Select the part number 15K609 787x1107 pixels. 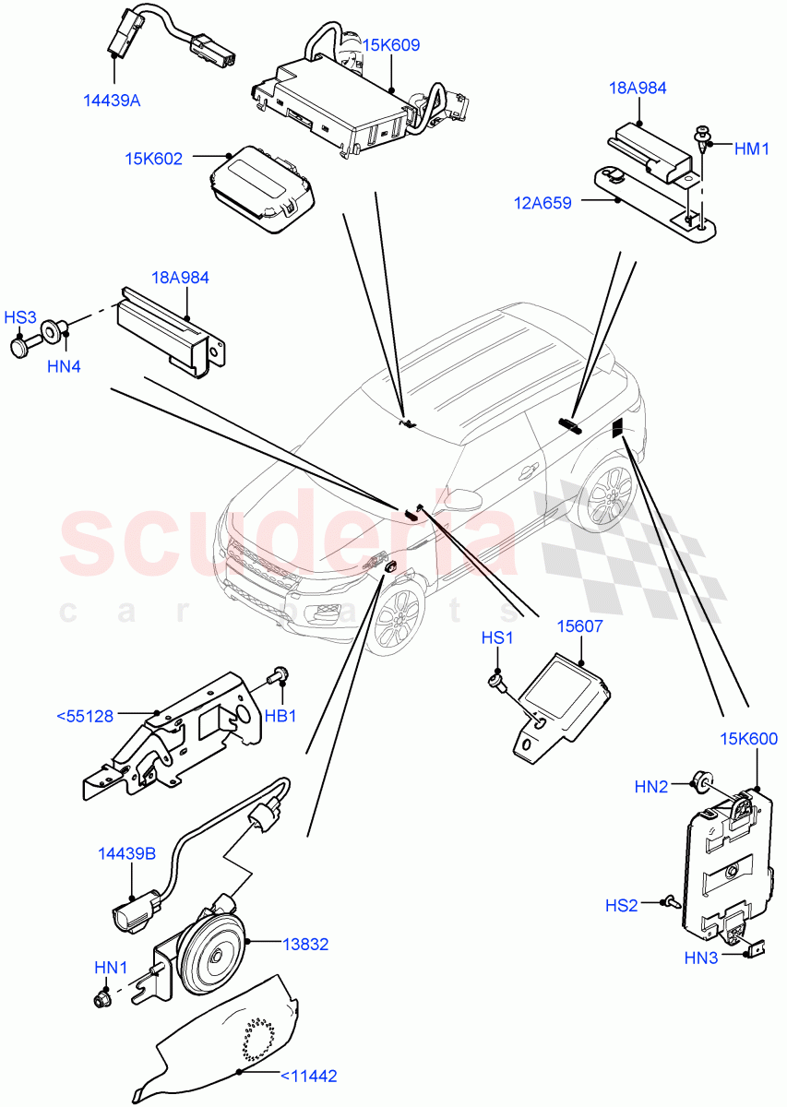pyautogui.click(x=391, y=44)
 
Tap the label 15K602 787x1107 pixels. pyautogui.click(x=154, y=159)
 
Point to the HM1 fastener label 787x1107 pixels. pyautogui.click(x=752, y=148)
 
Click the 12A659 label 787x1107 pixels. pyautogui.click(x=544, y=203)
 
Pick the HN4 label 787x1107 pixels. pyautogui.click(x=64, y=366)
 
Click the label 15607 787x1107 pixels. pyautogui.click(x=579, y=626)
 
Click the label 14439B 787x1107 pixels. pyautogui.click(x=126, y=854)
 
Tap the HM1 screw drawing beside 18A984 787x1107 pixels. pyautogui.click(x=705, y=141)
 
